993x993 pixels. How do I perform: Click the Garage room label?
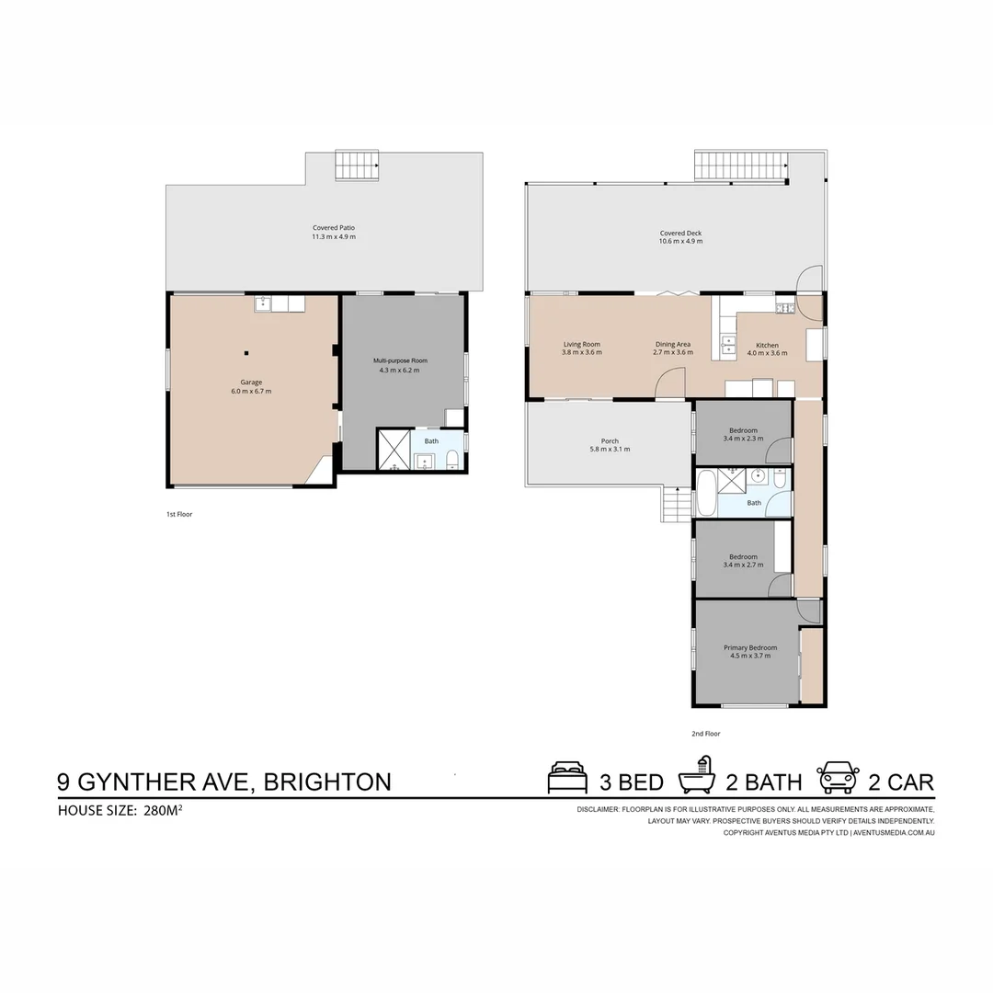pyautogui.click(x=251, y=382)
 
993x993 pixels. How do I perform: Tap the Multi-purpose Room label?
pyautogui.click(x=400, y=360)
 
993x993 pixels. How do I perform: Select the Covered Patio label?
pyautogui.click(x=333, y=227)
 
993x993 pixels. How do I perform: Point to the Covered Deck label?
pyautogui.click(x=680, y=233)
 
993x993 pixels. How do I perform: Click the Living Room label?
pyautogui.click(x=581, y=344)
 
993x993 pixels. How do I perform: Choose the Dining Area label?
pyautogui.click(x=672, y=344)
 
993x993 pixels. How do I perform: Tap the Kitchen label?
pyautogui.click(x=767, y=345)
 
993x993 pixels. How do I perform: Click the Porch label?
pyautogui.click(x=610, y=440)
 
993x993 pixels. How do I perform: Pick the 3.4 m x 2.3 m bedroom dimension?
pyautogui.click(x=743, y=439)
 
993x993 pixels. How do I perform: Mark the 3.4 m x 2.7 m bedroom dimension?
pyautogui.click(x=743, y=565)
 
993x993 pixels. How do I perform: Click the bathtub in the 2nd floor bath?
pyautogui.click(x=705, y=493)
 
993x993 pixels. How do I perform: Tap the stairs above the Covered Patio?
pyautogui.click(x=357, y=165)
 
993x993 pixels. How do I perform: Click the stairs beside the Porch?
pyautogui.click(x=676, y=504)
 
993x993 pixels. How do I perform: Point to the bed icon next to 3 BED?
pyautogui.click(x=567, y=778)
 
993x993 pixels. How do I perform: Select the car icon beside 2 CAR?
pyautogui.click(x=838, y=778)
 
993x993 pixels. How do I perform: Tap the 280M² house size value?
pyautogui.click(x=163, y=810)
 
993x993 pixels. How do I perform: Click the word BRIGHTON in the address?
pyautogui.click(x=327, y=782)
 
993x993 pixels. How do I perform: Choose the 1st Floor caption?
pyautogui.click(x=179, y=514)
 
